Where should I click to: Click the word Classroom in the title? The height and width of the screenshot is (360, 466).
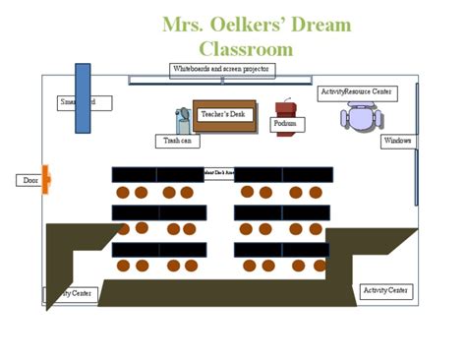(x=246, y=48)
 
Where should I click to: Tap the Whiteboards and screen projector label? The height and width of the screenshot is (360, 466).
(x=221, y=70)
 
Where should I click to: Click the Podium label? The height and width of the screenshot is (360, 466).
(x=285, y=125)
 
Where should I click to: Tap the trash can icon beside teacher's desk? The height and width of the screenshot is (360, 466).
(x=184, y=120)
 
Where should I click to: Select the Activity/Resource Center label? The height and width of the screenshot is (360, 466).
(x=357, y=91)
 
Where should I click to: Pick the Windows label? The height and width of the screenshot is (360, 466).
(x=398, y=142)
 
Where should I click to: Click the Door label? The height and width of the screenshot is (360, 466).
(x=29, y=180)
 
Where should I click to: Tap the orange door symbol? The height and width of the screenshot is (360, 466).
(x=45, y=180)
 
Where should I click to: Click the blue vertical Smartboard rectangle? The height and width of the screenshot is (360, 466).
(x=83, y=98)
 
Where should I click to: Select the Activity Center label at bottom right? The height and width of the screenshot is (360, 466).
(x=386, y=290)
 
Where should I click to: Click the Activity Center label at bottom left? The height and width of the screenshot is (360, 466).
(x=68, y=293)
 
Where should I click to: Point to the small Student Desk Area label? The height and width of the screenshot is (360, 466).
(x=219, y=173)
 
